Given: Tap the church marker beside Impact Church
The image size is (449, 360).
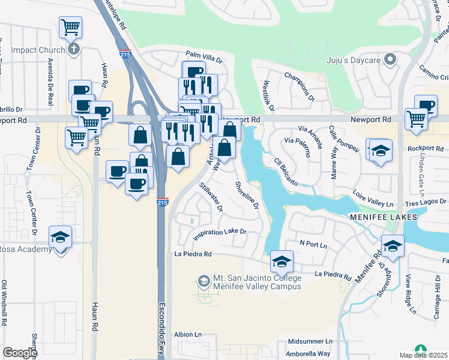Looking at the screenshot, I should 74,49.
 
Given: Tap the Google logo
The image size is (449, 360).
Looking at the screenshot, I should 20,353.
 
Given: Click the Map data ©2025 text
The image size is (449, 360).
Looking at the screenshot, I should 424,355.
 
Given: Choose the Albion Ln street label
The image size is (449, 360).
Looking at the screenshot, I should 188,334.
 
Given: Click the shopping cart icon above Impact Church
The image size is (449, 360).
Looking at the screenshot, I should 71,26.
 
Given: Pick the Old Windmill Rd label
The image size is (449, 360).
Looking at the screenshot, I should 4,303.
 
